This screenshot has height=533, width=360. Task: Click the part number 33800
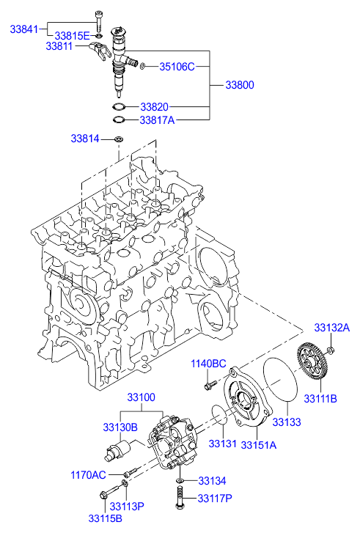[x=240, y=85]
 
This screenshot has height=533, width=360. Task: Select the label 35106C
[x=177, y=67]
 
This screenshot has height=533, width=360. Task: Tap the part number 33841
[x=23, y=29]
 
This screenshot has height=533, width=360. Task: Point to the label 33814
[x=85, y=139]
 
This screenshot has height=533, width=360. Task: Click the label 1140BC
[x=208, y=364]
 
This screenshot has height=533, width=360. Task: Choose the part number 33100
[x=142, y=397]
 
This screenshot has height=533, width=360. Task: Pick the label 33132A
[x=332, y=327]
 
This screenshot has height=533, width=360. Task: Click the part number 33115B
[x=106, y=518]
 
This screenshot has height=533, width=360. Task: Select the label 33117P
[x=215, y=499]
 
